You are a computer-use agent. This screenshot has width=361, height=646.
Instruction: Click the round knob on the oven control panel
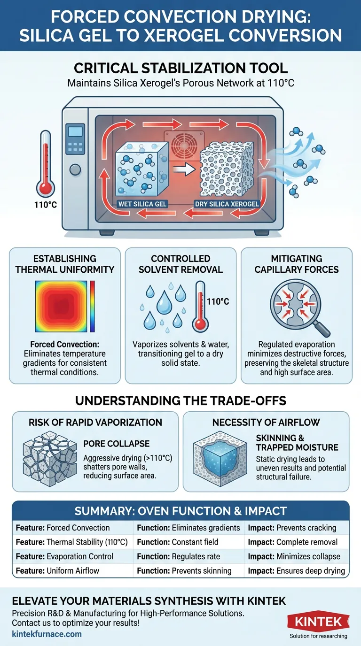pyautogui.click(x=75, y=169)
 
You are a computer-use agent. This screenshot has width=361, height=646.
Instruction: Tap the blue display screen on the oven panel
pyautogui.click(x=75, y=131)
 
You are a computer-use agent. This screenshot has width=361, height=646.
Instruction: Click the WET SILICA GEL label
pyautogui.click(x=143, y=204)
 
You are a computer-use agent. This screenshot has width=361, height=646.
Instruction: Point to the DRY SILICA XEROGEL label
pyautogui.click(x=227, y=204)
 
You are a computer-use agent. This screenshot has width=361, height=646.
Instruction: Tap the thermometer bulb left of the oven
pyautogui.click(x=45, y=188)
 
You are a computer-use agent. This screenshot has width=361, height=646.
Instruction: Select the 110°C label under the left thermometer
pyautogui.click(x=45, y=205)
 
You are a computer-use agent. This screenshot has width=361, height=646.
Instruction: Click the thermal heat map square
pyautogui.click(x=61, y=306)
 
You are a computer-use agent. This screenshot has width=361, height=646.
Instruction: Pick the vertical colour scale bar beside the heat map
pyautogui.click(x=93, y=306)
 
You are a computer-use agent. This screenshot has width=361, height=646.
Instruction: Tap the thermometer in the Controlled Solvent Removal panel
pyautogui.click(x=200, y=307)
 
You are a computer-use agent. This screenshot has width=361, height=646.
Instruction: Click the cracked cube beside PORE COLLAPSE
pyautogui.click(x=50, y=460)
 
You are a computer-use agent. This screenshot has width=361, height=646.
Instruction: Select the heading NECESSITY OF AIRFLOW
pyautogui.click(x=266, y=422)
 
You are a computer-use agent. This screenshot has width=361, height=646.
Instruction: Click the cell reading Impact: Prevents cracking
pyautogui.click(x=292, y=528)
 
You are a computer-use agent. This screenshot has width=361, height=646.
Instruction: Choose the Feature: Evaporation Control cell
pyautogui.click(x=64, y=556)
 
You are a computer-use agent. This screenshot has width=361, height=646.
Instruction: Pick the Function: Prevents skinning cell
pyautogui.click(x=184, y=571)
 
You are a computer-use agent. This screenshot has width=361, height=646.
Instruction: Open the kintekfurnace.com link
pyautogui.click(x=47, y=634)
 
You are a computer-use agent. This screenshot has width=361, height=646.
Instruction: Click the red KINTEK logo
pyautogui.click(x=318, y=622)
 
